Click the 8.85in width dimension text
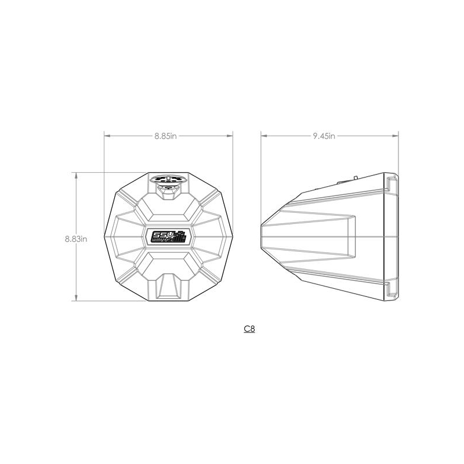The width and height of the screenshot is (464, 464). coord(165,136)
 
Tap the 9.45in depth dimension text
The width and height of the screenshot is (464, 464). coord(324,136)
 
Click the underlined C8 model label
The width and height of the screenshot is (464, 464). coord(249,329)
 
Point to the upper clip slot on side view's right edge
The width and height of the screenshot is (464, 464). coord(389,184)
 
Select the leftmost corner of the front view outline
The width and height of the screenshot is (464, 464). coord(104,237)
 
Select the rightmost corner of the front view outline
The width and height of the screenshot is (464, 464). coord(233,237)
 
